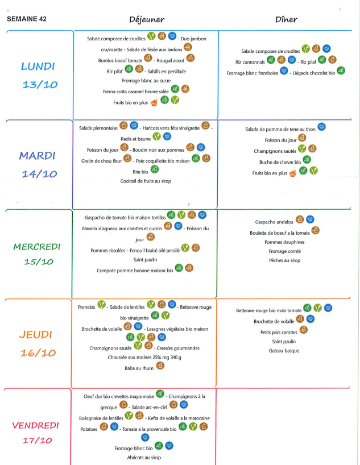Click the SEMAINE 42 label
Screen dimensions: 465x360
[26, 19]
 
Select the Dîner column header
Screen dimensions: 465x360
[287, 19]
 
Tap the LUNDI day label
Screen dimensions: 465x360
[38, 67]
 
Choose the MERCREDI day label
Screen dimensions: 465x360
[36, 247]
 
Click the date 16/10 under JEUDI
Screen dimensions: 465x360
[38, 353]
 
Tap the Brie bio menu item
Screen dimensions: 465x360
[140, 171]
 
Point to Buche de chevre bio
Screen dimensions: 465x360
[280, 161]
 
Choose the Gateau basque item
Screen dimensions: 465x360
[285, 351]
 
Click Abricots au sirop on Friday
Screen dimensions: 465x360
[144, 457]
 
